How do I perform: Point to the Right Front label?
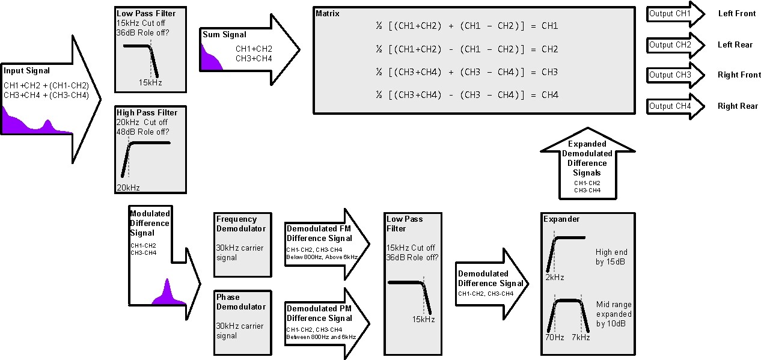click(739, 75)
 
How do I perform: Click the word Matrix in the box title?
click(328, 13)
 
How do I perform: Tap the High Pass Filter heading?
click(147, 112)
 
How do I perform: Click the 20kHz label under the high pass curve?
click(127, 188)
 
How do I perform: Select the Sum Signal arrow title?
click(224, 35)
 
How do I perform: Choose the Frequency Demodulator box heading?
click(240, 224)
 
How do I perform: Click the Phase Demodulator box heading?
click(240, 302)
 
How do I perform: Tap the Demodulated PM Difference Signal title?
click(319, 314)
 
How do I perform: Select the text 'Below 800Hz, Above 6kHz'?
click(322, 257)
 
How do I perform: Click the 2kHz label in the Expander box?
click(554, 277)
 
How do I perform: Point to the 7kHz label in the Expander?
click(581, 337)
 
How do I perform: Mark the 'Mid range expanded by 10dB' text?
click(613, 314)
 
